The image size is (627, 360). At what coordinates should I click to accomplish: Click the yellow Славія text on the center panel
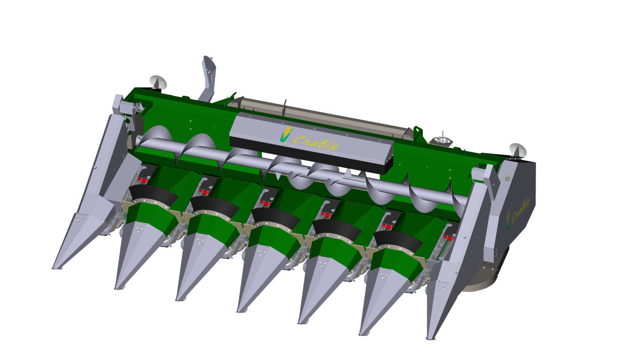click(x=316, y=142)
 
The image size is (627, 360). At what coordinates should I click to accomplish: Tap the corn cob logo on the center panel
click(x=286, y=134)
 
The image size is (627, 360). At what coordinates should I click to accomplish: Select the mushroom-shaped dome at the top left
click(x=158, y=82)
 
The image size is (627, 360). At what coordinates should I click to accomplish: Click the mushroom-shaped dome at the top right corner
click(x=518, y=150)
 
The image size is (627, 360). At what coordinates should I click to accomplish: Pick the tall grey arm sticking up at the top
click(x=208, y=79)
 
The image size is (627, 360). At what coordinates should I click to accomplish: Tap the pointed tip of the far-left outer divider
click(x=53, y=268)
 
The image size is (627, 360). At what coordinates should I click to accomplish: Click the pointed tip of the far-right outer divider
click(x=428, y=338)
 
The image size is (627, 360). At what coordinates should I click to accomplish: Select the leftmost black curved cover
click(x=153, y=194)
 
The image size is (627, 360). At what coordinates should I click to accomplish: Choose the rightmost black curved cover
click(x=398, y=241)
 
